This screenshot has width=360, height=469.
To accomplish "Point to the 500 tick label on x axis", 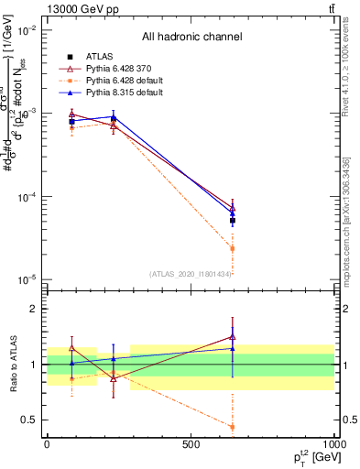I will tap(191, 445).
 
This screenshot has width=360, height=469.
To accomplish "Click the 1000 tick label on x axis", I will tap(333, 445).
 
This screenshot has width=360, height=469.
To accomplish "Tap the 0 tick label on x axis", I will tap(47, 445).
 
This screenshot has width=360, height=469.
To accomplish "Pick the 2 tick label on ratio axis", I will tap(35, 309).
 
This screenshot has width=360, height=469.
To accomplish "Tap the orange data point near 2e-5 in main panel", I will tap(232, 248).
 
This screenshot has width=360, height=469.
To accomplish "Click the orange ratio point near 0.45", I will tap(232, 427).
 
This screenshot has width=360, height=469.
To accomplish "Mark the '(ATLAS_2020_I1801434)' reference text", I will tap(191, 274).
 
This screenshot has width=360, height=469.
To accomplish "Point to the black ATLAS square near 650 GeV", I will tap(232, 221).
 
